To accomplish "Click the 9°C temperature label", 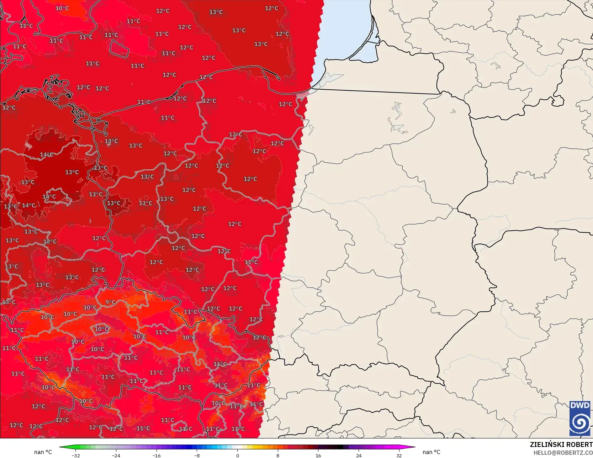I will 110,302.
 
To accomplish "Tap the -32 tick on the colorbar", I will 75,455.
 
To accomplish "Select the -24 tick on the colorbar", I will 116,455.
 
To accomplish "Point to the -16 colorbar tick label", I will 157,455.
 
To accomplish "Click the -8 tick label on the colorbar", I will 197,455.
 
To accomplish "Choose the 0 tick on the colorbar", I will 238,455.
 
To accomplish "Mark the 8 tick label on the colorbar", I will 278,455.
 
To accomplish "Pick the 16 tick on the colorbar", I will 318,455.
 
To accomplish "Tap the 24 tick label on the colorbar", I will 359,455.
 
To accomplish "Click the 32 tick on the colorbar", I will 399,455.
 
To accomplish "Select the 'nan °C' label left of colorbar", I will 43,452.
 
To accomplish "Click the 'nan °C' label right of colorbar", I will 431,452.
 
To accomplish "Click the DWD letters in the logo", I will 580,405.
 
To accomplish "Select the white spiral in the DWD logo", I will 580,423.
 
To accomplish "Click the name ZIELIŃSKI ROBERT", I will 561,444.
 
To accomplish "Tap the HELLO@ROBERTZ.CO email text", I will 563,452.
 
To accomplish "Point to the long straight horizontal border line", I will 374,91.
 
